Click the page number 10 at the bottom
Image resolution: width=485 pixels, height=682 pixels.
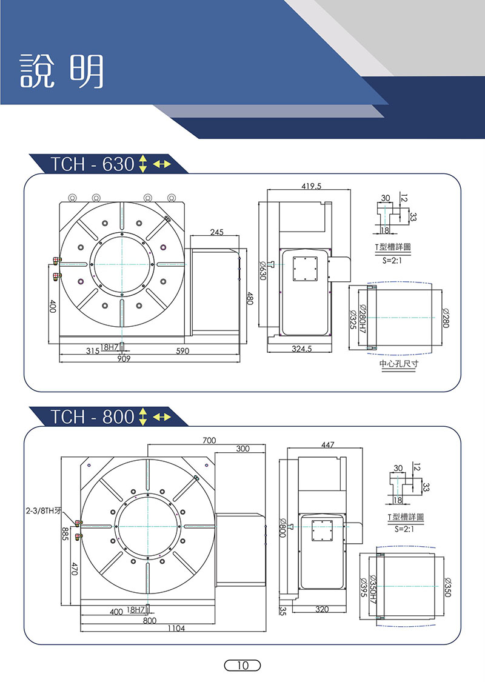coord(242,665)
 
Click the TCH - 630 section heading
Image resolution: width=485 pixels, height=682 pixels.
coord(92,164)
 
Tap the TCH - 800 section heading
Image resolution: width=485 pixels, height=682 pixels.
coord(92,417)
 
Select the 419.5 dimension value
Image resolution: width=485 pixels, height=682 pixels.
coord(312,186)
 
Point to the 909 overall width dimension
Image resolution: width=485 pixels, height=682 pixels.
coord(124,359)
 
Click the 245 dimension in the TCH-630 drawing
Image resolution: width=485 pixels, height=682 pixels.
coord(216,232)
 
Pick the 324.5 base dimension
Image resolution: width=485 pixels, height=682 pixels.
coord(302,349)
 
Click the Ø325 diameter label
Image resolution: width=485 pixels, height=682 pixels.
coord(353,319)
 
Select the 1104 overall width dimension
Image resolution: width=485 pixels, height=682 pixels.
coord(176,628)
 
